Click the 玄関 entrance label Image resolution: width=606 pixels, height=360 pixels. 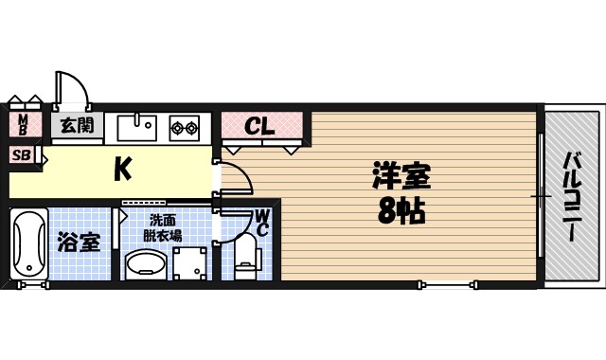76,124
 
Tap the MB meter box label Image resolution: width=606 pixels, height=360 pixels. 25,124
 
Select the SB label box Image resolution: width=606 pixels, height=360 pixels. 21,154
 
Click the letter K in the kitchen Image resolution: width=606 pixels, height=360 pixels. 122,169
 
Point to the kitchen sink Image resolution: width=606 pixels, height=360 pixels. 137,126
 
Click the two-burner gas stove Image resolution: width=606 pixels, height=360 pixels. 184,127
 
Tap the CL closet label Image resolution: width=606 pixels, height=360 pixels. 259,125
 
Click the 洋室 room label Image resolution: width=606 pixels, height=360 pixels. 401,176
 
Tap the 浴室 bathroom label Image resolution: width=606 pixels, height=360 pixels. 78,243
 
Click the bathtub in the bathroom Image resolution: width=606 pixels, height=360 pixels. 28,245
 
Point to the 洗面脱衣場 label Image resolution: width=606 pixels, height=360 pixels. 163,227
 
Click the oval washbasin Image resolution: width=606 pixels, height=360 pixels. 145,264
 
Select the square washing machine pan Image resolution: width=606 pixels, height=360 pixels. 189,263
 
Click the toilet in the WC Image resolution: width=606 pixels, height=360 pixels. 245,257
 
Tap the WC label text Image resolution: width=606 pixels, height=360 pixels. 261,223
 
